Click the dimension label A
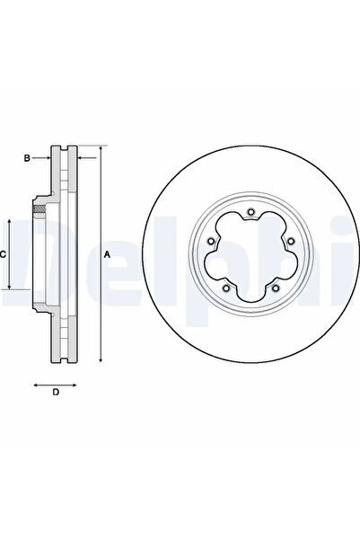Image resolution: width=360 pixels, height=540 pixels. [x=108, y=255]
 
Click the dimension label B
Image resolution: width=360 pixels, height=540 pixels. [x=27, y=158]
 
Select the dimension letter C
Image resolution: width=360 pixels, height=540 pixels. [x=3, y=255]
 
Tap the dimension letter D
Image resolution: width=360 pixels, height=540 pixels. [x=56, y=392]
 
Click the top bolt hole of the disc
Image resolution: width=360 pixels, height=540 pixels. [x=250, y=212]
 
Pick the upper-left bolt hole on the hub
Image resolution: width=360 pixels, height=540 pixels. [x=211, y=241]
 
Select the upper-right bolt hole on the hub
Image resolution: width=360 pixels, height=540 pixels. [x=291, y=241]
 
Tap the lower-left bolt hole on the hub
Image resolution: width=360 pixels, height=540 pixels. [x=226, y=288]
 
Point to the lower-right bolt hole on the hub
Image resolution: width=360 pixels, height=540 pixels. [x=275, y=288]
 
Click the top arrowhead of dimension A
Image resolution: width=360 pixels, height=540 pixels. [x=101, y=148]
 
